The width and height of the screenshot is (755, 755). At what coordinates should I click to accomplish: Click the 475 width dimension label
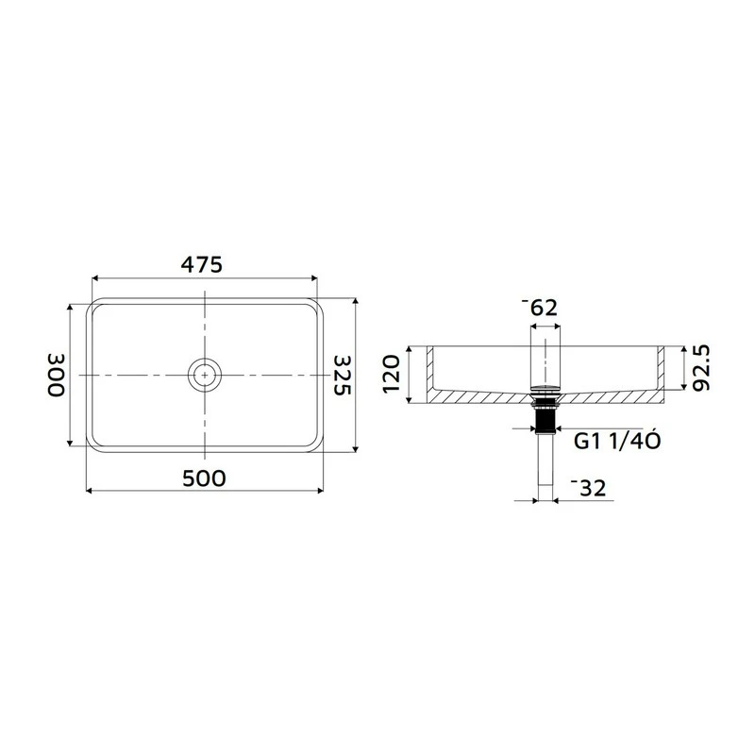(204, 265)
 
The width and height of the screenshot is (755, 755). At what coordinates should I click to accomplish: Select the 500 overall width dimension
(204, 478)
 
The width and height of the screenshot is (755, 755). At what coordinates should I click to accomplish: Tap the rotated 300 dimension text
(56, 375)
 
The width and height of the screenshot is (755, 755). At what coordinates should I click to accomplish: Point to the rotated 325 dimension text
(343, 375)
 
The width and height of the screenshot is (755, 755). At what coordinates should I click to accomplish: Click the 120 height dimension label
(394, 375)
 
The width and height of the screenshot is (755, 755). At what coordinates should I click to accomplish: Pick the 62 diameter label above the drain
(541, 307)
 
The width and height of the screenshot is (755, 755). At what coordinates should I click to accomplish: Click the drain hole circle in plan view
(204, 375)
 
